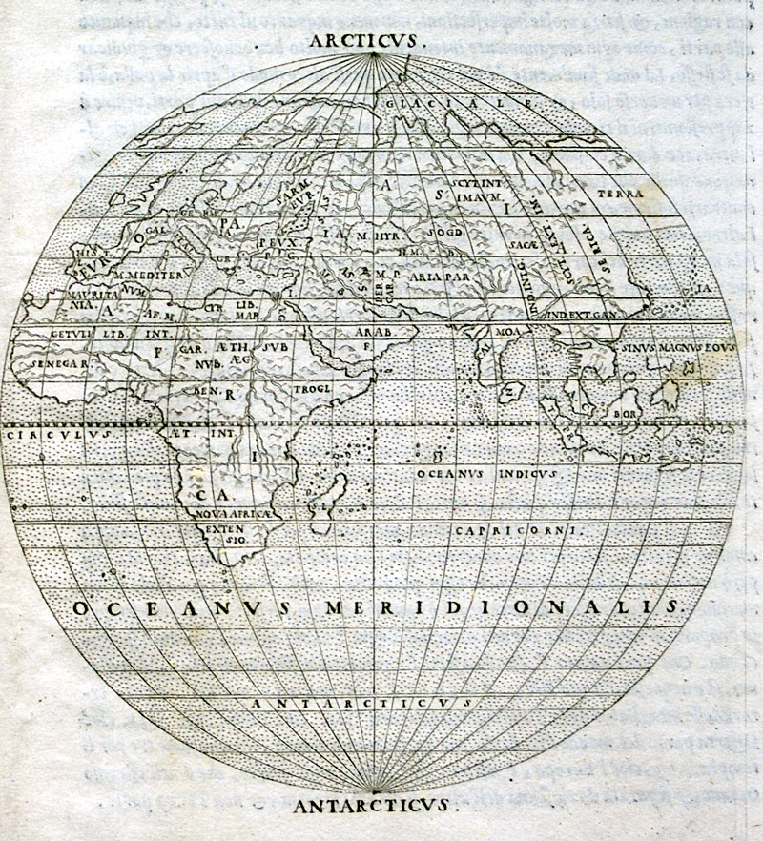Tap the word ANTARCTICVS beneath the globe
(x=375, y=807)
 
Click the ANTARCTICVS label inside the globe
(x=361, y=702)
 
